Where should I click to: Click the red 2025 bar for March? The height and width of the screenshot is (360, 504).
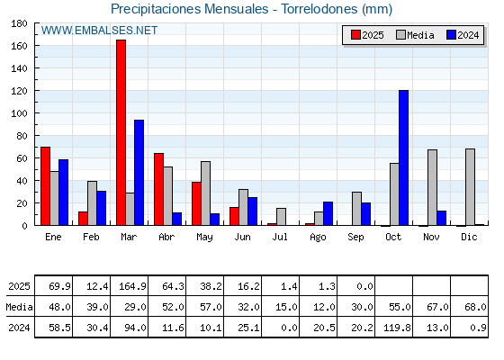point(121,132)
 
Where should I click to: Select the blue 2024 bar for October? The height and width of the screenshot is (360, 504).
point(404,157)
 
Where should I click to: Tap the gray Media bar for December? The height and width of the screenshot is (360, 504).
point(470,187)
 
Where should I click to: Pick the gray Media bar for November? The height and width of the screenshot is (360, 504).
point(432,187)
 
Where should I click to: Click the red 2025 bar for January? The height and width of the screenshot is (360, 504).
point(45,186)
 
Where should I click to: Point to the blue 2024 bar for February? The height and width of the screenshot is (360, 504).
point(101,208)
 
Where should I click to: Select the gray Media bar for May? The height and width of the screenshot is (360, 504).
point(206,193)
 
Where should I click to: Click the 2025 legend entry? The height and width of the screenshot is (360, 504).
point(367,35)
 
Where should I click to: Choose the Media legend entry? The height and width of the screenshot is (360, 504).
point(415,35)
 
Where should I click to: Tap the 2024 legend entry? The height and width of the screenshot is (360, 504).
point(463,35)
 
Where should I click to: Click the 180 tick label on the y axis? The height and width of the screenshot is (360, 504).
point(19,23)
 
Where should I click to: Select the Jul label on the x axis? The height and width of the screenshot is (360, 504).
point(280,237)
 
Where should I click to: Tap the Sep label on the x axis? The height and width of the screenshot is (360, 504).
point(355,238)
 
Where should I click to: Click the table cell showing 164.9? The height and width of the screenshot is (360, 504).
point(130,286)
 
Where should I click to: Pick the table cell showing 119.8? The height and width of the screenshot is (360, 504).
point(394,328)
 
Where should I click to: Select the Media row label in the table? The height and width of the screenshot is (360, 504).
point(19,307)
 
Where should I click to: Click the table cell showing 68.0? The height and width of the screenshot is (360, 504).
point(470,307)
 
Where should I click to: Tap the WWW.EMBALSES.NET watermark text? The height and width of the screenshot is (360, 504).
point(99,31)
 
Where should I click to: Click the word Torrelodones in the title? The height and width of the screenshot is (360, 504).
point(319,9)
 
